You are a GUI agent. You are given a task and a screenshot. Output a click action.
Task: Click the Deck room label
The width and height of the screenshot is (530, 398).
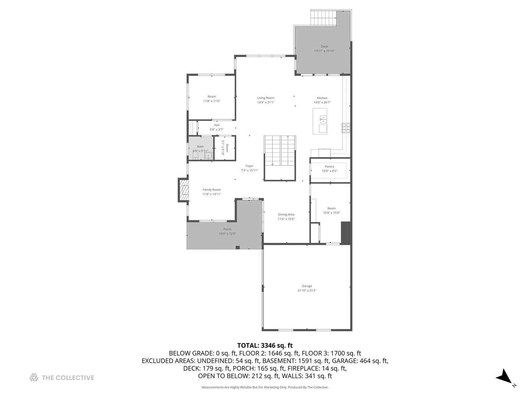(x=324, y=46)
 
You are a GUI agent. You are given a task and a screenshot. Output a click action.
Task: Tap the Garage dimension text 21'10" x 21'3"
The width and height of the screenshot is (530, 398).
(x=307, y=291)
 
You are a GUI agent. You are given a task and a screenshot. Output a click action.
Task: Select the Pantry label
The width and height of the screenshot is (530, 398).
(x=329, y=167)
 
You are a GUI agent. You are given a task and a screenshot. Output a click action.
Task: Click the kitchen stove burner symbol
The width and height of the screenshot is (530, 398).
(x=346, y=128)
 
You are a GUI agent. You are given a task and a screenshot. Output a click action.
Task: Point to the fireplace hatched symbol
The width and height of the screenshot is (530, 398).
(x=183, y=190)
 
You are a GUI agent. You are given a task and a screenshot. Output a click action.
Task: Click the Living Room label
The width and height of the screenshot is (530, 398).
(x=265, y=98)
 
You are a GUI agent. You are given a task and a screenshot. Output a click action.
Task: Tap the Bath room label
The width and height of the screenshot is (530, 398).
(x=200, y=146)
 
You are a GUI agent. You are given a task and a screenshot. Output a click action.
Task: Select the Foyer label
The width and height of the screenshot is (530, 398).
(x=250, y=166)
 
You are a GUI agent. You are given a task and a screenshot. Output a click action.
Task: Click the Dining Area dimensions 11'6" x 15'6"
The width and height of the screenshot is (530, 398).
(x=286, y=219)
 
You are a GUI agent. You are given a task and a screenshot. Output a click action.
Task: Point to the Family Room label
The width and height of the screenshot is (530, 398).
(x=212, y=190)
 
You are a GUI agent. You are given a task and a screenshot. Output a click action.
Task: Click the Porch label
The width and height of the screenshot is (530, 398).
(x=227, y=229)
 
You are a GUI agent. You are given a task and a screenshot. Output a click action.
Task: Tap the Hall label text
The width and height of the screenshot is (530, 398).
(x=217, y=125)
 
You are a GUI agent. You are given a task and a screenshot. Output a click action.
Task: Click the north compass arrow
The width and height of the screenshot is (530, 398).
(x=504, y=377)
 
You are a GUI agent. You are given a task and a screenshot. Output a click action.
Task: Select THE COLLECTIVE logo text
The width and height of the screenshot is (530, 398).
(x=68, y=378)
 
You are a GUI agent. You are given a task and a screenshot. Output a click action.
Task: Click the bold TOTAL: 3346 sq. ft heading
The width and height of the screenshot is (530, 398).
(x=265, y=345)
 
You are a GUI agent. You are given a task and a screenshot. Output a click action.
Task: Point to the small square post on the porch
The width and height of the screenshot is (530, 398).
(x=238, y=247)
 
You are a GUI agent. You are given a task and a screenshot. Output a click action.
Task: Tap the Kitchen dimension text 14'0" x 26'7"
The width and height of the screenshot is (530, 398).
(x=322, y=102)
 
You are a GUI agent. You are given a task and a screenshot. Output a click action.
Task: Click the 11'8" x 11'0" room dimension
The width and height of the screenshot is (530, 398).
(x=212, y=101)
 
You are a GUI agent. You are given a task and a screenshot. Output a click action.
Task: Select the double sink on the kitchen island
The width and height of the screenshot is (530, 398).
(x=323, y=119)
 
